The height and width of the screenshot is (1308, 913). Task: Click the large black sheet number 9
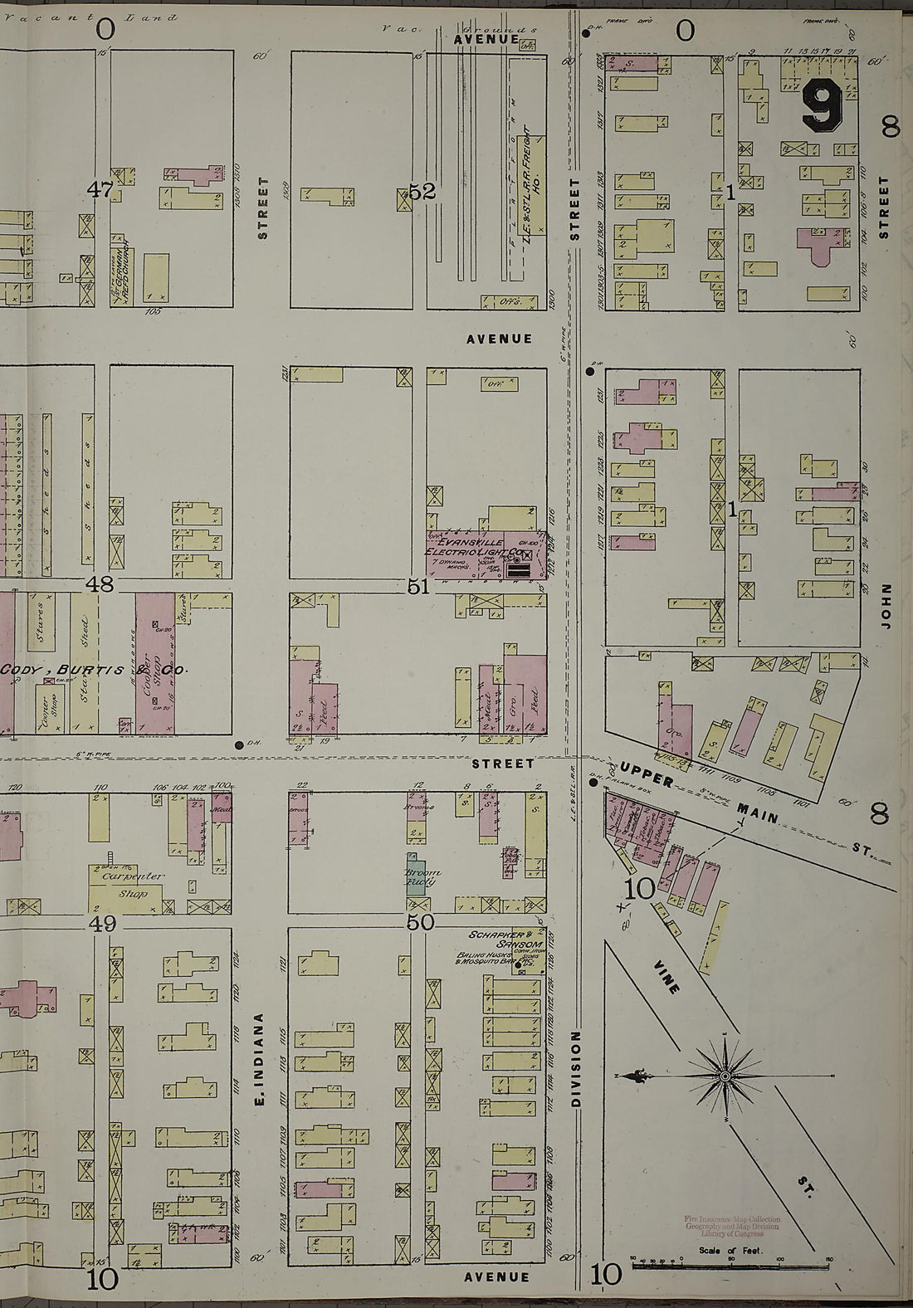point(823,108)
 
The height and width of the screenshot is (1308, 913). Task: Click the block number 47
point(102,190)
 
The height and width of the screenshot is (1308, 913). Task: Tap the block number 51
point(418,587)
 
